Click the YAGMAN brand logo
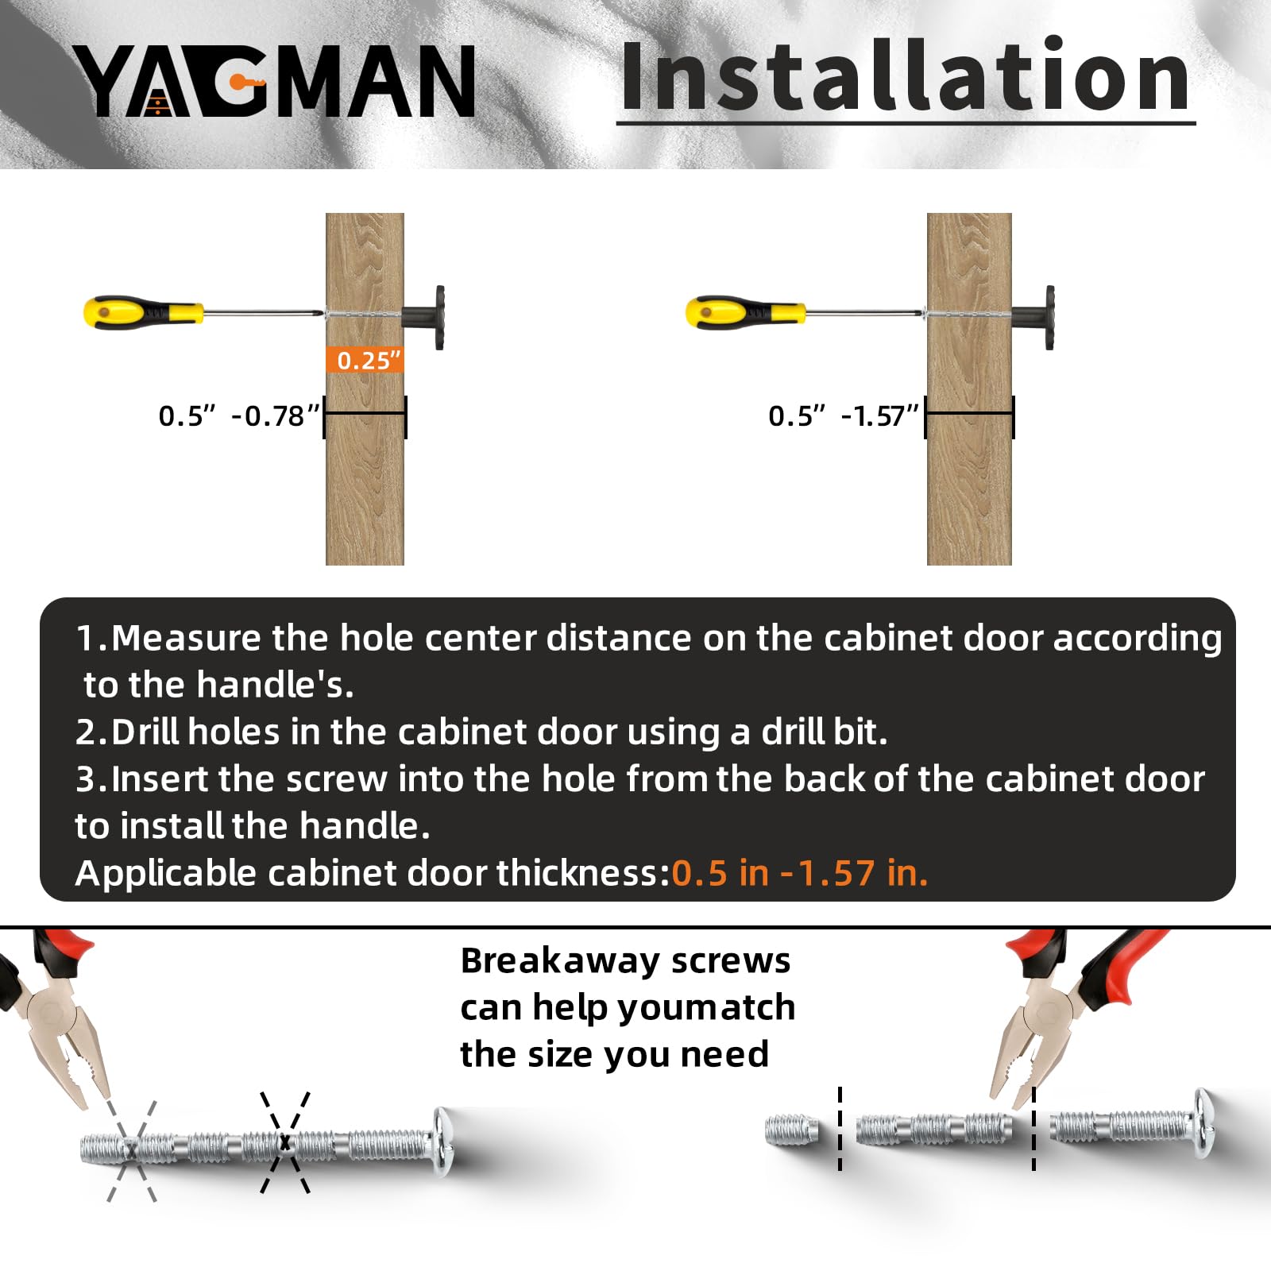[275, 80]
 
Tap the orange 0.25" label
[365, 360]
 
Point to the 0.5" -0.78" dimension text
[238, 415]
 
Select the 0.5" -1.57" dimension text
[843, 415]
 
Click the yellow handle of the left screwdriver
[143, 313]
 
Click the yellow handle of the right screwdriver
[745, 313]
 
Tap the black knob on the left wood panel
[425, 317]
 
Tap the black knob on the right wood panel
[1033, 317]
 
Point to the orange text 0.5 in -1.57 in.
[800, 873]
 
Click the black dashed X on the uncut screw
[285, 1142]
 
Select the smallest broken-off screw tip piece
[792, 1130]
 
